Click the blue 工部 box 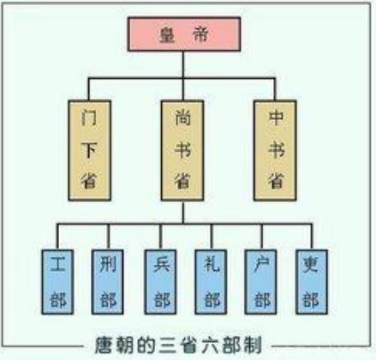tap(58, 279)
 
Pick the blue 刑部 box tap(107, 279)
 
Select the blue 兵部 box tap(158, 279)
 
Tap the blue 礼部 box tap(209, 279)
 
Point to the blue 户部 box tap(260, 279)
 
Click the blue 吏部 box tap(309, 279)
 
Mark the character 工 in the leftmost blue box tap(58, 260)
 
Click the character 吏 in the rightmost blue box tap(309, 260)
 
